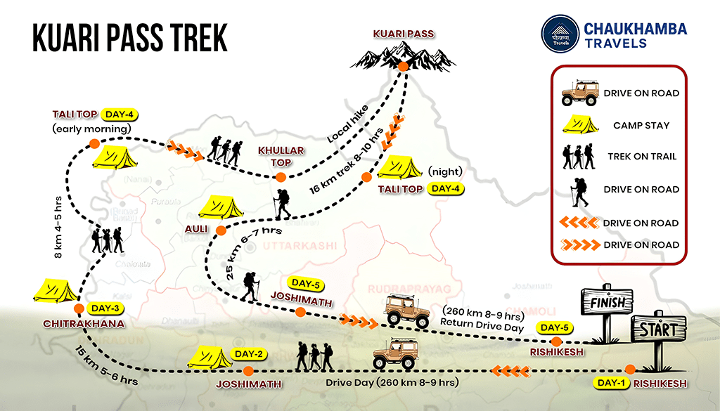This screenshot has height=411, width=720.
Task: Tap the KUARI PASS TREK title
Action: [130, 39]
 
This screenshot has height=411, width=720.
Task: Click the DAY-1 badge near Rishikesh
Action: [610, 383]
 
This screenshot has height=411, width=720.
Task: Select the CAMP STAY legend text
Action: [641, 125]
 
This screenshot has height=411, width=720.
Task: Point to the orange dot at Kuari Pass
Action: [403, 67]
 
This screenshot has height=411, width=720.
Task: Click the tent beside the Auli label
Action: [221, 207]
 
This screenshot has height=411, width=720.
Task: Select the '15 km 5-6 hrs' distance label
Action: [98, 365]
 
